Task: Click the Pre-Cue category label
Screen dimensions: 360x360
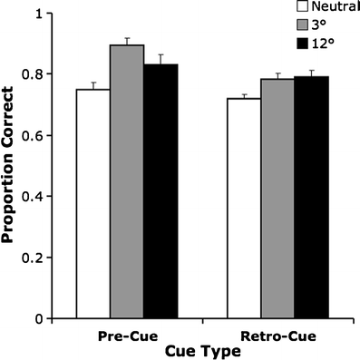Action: click(x=126, y=335)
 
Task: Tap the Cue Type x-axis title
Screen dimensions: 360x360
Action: click(x=203, y=349)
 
